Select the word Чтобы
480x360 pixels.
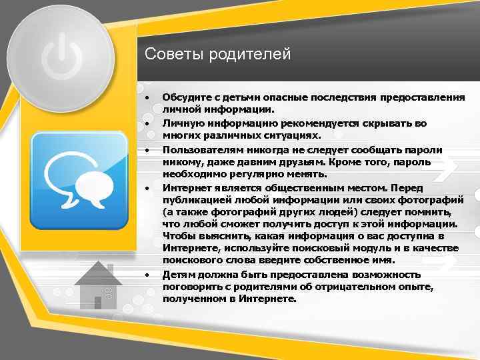(178, 236)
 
